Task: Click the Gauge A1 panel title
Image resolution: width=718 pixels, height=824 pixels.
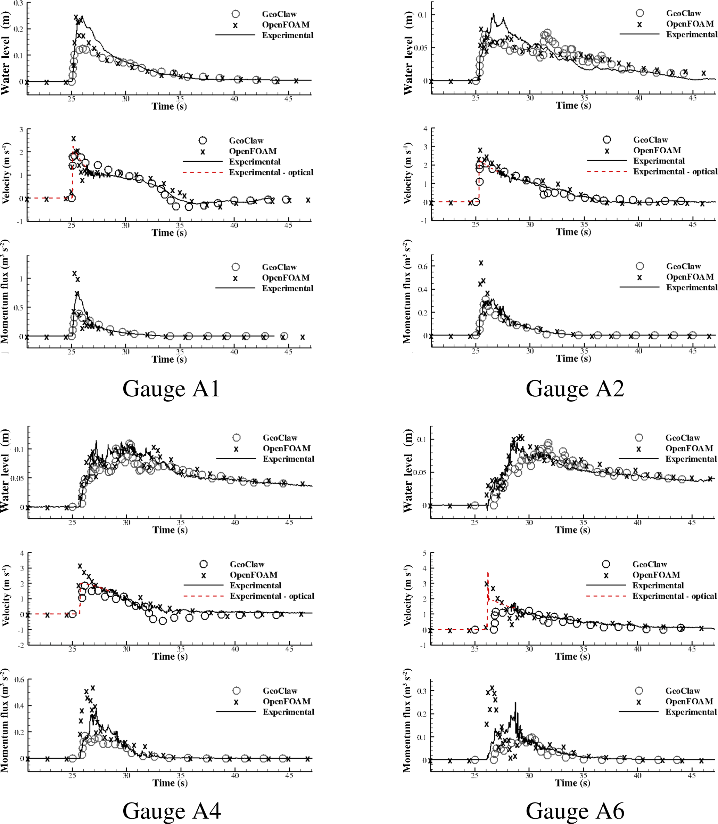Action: pyautogui.click(x=171, y=389)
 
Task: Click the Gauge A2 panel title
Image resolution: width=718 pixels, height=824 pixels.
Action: pyautogui.click(x=575, y=389)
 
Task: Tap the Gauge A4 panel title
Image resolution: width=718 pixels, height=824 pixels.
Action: pyautogui.click(x=172, y=810)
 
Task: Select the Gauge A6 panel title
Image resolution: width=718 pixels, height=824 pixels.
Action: pyautogui.click(x=575, y=810)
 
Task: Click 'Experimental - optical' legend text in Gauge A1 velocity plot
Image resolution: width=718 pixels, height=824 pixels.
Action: pyautogui.click(x=271, y=172)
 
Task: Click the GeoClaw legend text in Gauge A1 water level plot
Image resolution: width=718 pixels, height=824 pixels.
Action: pyautogui.click(x=279, y=14)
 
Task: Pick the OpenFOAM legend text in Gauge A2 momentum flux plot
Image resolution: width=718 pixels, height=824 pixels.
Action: pyautogui.click(x=690, y=277)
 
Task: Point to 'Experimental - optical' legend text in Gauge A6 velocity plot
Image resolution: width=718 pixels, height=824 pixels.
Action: pyautogui.click(x=674, y=596)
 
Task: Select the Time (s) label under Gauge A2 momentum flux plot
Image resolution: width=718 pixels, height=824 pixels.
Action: pyautogui.click(x=573, y=358)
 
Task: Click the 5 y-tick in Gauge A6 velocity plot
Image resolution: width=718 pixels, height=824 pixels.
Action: pyautogui.click(x=425, y=554)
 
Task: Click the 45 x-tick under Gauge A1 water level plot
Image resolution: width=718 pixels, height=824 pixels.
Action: pyautogui.click(x=288, y=99)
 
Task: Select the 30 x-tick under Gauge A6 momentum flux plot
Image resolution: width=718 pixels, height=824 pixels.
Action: pyautogui.click(x=529, y=775)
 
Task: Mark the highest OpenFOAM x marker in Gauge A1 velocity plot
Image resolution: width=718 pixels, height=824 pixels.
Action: pyautogui.click(x=74, y=139)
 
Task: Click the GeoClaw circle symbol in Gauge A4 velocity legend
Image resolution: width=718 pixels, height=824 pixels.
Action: pyautogui.click(x=204, y=564)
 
